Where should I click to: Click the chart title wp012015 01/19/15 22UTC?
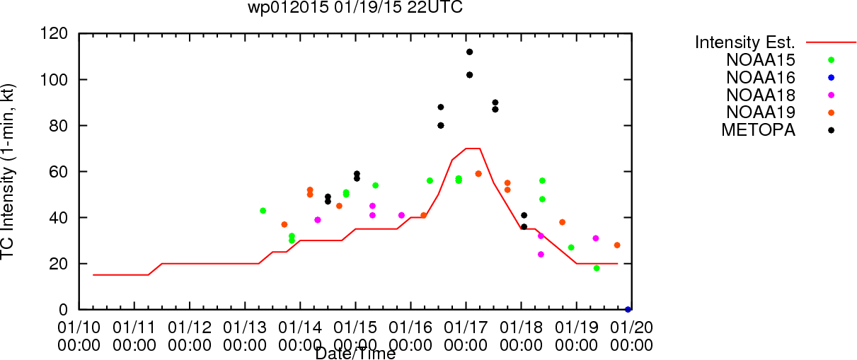pyautogui.click(x=355, y=7)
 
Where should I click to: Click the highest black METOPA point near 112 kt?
pyautogui.click(x=469, y=52)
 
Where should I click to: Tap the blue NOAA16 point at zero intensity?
pyautogui.click(x=628, y=310)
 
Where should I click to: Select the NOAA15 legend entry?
pyautogui.click(x=761, y=60)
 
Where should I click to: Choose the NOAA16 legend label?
pyautogui.click(x=761, y=78)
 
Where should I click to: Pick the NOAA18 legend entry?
pyautogui.click(x=761, y=95)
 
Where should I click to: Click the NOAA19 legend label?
pyautogui.click(x=761, y=112)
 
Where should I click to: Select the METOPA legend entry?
pyautogui.click(x=759, y=130)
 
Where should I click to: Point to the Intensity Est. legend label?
pyautogui.click(x=744, y=42)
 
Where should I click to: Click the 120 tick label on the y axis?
pyautogui.click(x=54, y=34)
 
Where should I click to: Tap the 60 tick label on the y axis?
pyautogui.click(x=59, y=172)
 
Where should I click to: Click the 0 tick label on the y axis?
pyautogui.click(x=63, y=310)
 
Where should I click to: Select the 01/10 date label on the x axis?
pyautogui.click(x=79, y=327)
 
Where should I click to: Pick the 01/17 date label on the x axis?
pyautogui.click(x=466, y=327)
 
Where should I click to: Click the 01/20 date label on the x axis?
pyautogui.click(x=632, y=327)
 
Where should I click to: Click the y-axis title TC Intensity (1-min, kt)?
pyautogui.click(x=7, y=172)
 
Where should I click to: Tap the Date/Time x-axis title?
pyautogui.click(x=355, y=354)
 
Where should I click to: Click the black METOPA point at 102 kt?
pyautogui.click(x=469, y=75)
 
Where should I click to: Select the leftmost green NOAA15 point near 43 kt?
pyautogui.click(x=263, y=211)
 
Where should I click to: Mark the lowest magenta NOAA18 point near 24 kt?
pyautogui.click(x=541, y=254)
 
